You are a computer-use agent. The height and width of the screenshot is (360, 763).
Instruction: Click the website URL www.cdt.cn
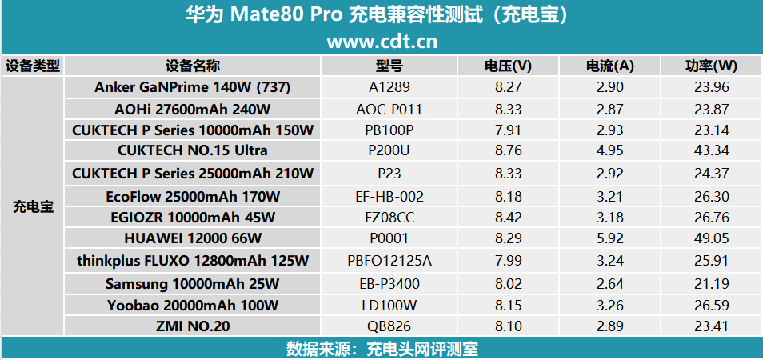pyautogui.click(x=381, y=40)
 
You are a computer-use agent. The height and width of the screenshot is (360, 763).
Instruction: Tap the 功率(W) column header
pyautogui.click(x=711, y=66)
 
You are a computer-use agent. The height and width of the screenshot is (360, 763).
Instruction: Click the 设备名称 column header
pyautogui.click(x=192, y=66)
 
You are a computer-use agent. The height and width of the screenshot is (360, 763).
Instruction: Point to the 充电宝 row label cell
pyautogui.click(x=33, y=206)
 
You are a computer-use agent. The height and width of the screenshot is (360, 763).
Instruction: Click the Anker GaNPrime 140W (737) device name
pyautogui.click(x=192, y=86)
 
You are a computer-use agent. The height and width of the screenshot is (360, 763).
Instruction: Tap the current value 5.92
pyautogui.click(x=609, y=238)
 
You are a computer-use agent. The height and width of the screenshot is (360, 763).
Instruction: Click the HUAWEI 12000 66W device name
pyautogui.click(x=192, y=238)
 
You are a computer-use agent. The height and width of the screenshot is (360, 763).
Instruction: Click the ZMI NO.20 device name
pyautogui.click(x=192, y=326)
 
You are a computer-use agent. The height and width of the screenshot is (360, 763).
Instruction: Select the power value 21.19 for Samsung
pyautogui.click(x=711, y=282)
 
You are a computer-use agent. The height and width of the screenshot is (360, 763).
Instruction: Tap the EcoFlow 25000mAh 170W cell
pyautogui.click(x=192, y=195)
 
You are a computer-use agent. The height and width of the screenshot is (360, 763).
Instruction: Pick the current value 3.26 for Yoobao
pyautogui.click(x=609, y=304)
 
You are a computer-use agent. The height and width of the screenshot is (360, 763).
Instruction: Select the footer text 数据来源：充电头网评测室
pyautogui.click(x=381, y=349)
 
